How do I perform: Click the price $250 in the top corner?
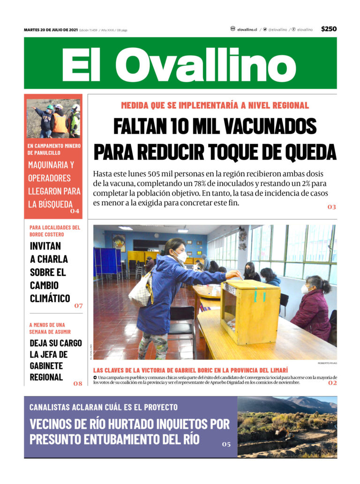pyautogui.click(x=329, y=29)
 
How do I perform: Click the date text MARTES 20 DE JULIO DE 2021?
pyautogui.click(x=51, y=30)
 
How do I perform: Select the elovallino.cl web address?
pyautogui.click(x=247, y=30)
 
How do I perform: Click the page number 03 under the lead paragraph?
pyautogui.click(x=331, y=207)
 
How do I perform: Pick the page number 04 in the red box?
pyautogui.click(x=75, y=211)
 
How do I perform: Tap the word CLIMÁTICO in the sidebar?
pyautogui.click(x=50, y=298)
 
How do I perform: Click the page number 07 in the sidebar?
pyautogui.click(x=78, y=306)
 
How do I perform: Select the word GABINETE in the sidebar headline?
pyautogui.click(x=46, y=365)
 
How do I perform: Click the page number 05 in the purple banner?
pyautogui.click(x=226, y=444)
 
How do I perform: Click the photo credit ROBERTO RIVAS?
pyautogui.click(x=327, y=363)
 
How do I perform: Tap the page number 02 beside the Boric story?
pyautogui.click(x=332, y=383)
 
